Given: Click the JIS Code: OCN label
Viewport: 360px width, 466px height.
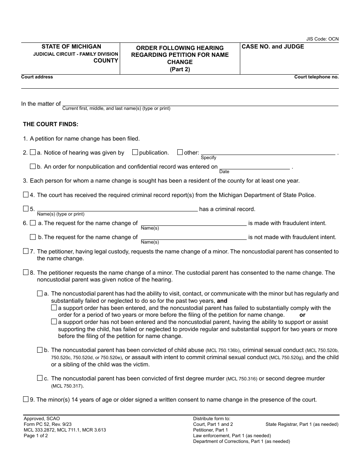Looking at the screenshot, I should pyautogui.click(x=322, y=39).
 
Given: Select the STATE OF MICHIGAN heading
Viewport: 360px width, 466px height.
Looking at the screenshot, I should pyautogui.click(x=71, y=47).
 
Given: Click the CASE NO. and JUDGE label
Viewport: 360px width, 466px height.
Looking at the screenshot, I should pyautogui.click(x=273, y=47).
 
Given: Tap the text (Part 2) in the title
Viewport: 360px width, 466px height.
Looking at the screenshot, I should pyautogui.click(x=180, y=69).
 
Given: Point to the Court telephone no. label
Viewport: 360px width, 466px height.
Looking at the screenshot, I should pyautogui.click(x=316, y=77).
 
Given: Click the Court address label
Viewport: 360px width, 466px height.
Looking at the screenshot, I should pyautogui.click(x=37, y=77).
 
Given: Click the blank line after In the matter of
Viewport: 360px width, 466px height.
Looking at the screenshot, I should pyautogui.click(x=200, y=103).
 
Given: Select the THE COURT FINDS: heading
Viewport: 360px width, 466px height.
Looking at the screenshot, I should pyautogui.click(x=50, y=124).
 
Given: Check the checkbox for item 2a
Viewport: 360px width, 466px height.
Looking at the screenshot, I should pyautogui.click(x=33, y=152).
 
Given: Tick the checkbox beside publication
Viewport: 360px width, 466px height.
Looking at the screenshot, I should pyautogui.click(x=135, y=152).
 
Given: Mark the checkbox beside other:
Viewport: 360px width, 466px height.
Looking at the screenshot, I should pyautogui.click(x=180, y=152).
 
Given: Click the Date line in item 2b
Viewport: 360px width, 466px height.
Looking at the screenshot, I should pyautogui.click(x=254, y=167).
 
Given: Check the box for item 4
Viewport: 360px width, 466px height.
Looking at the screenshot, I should pyautogui.click(x=26, y=195).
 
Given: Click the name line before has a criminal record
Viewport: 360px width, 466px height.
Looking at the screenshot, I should pyautogui.click(x=117, y=208).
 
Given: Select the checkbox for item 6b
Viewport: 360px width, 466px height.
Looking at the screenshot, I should pyautogui.click(x=33, y=237).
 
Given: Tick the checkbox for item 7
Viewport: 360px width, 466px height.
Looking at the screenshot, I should pyautogui.click(x=26, y=251).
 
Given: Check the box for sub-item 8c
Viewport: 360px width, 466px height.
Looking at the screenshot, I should pyautogui.click(x=40, y=378).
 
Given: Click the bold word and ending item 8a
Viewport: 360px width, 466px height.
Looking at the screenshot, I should pyautogui.click(x=222, y=301).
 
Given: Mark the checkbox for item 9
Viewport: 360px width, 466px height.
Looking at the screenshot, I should pyautogui.click(x=26, y=399).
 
